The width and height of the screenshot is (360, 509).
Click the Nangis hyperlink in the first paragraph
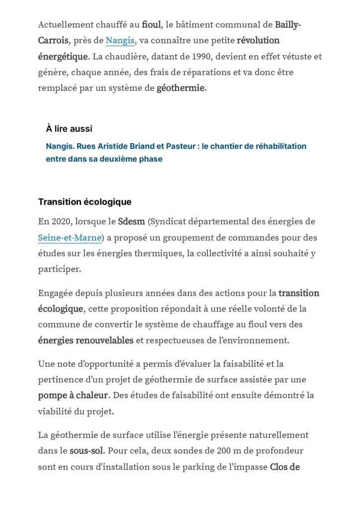(120, 40)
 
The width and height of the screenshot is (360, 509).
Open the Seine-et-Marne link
(70, 238)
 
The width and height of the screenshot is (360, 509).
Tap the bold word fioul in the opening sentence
(151, 24)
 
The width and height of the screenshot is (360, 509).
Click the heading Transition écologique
(85, 202)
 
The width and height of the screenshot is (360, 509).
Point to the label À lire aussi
(69, 129)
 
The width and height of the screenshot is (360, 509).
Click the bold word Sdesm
(131, 221)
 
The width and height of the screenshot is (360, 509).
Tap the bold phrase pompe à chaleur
(73, 396)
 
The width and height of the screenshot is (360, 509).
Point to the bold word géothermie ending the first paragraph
(180, 88)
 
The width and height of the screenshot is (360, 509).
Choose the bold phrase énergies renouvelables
(86, 340)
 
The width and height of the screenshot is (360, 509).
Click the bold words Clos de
(284, 467)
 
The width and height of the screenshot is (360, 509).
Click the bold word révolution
(258, 40)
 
